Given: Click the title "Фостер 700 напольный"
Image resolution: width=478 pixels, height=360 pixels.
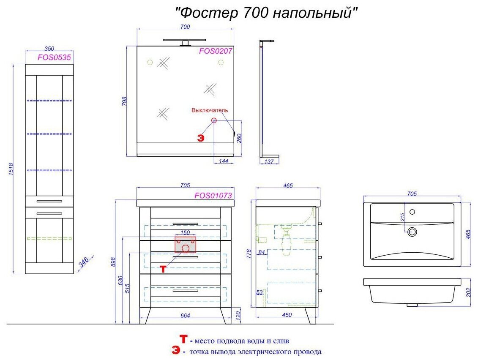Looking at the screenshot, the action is (267, 13).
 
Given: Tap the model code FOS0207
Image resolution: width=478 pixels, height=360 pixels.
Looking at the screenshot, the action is (216, 51).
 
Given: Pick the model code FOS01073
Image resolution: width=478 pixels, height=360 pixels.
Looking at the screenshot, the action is (213, 195).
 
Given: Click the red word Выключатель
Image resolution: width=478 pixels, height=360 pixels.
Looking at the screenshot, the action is (210, 110).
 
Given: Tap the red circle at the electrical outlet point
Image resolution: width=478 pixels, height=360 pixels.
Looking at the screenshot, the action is (214, 120).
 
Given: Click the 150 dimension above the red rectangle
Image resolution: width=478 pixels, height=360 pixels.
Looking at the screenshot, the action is (185, 233).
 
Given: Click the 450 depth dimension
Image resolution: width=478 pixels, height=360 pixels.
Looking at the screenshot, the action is (287, 315).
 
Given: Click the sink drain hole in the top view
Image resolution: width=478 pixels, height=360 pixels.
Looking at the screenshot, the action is (412, 231).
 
